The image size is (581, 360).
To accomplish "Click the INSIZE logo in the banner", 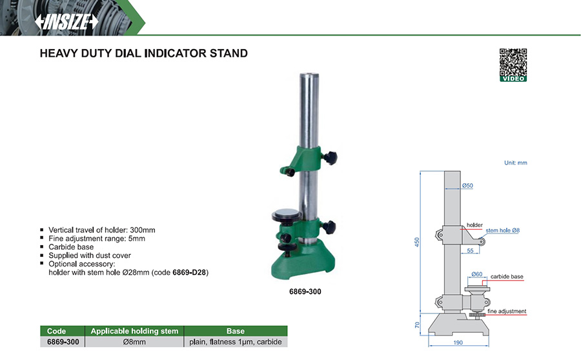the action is [x=66, y=21].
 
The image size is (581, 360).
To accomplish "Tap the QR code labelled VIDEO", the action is [x=513, y=65].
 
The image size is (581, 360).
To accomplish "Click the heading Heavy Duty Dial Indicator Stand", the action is [x=144, y=54].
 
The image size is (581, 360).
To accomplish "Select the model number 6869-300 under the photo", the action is [x=305, y=292].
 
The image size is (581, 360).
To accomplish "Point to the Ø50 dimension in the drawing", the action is [x=467, y=185].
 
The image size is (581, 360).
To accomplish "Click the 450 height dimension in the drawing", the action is [x=417, y=242].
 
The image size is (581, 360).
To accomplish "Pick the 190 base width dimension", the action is [x=458, y=343].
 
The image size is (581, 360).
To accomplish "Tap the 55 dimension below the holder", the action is [x=470, y=251].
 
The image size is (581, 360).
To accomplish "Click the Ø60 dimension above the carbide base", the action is [x=477, y=274].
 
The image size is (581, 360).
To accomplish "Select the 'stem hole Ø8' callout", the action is [x=502, y=230].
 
